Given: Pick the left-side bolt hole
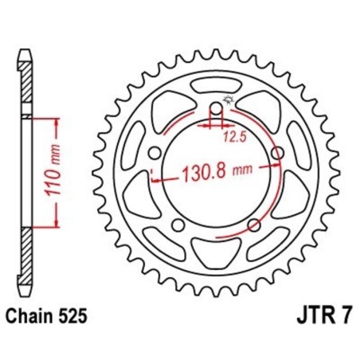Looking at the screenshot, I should tap(154, 153).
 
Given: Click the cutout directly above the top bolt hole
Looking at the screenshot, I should tap(215, 86).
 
